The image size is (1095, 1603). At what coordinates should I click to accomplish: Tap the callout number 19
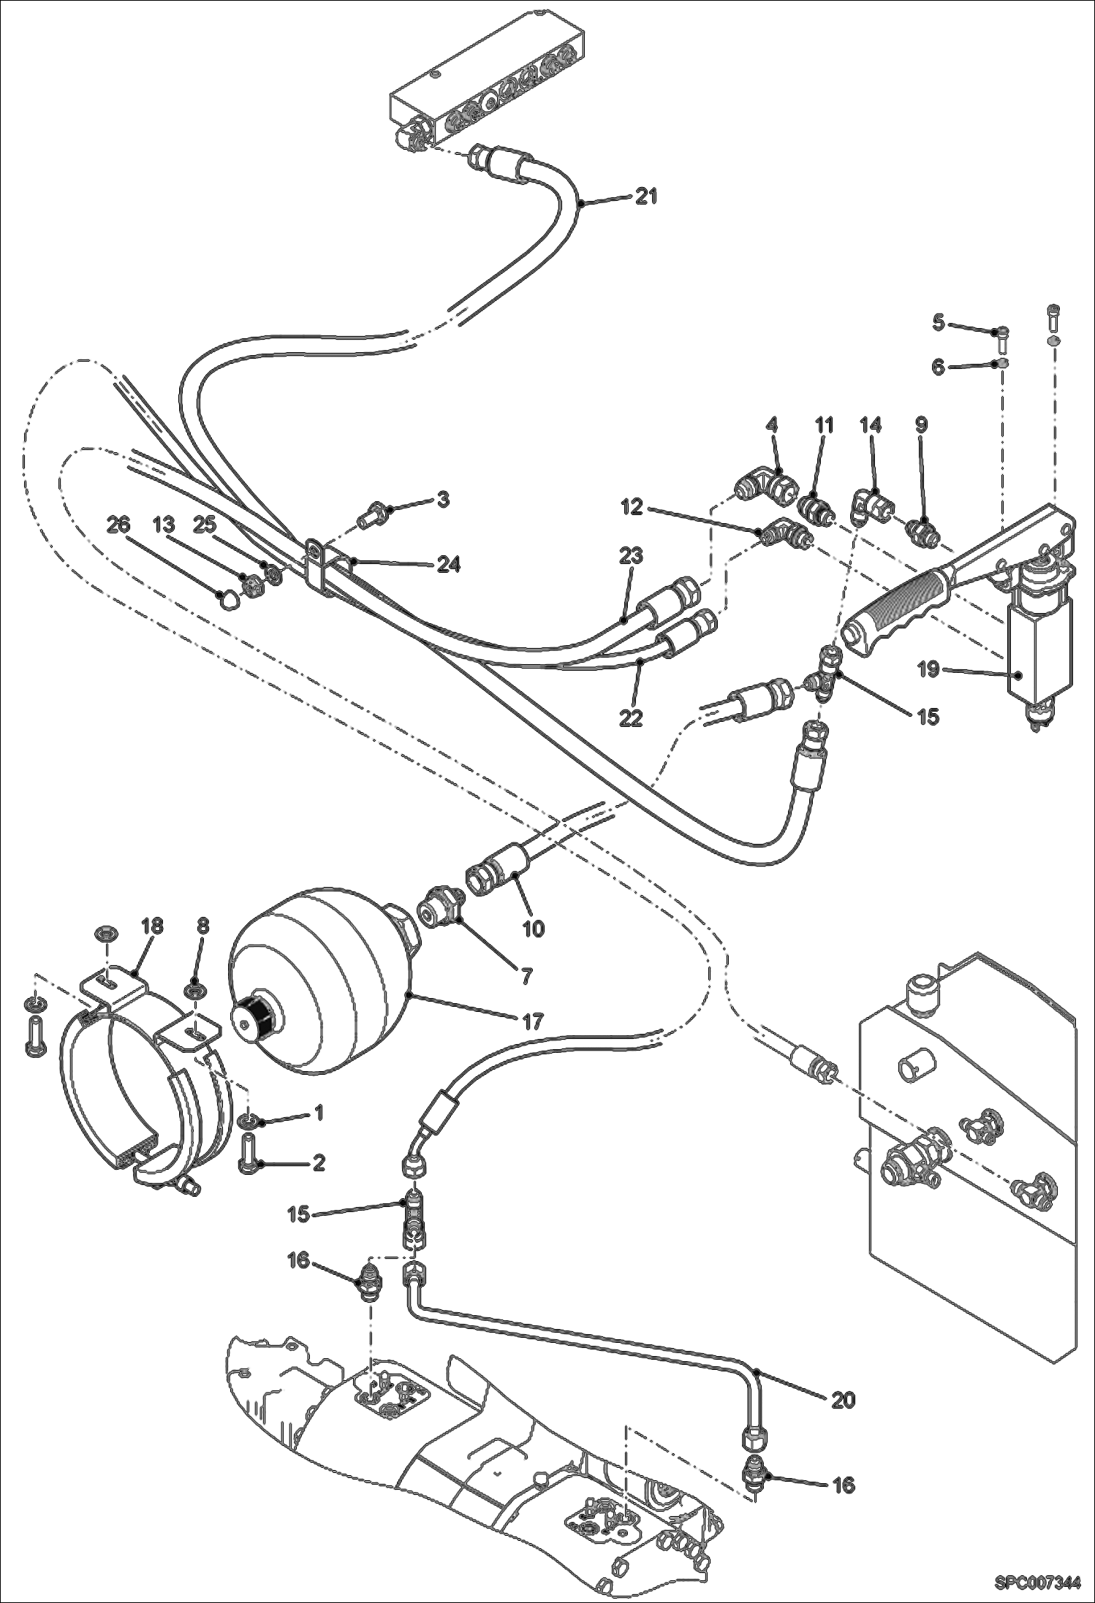click(928, 669)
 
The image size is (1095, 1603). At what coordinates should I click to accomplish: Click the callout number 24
click(449, 564)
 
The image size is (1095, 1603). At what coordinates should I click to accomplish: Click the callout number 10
click(534, 928)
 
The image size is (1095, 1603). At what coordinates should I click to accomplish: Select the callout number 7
click(527, 975)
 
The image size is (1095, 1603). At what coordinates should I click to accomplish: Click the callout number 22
click(631, 717)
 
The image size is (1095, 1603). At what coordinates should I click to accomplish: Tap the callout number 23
click(631, 556)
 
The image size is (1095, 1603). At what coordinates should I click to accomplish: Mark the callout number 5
click(939, 321)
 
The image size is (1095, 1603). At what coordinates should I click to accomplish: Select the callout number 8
click(202, 925)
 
